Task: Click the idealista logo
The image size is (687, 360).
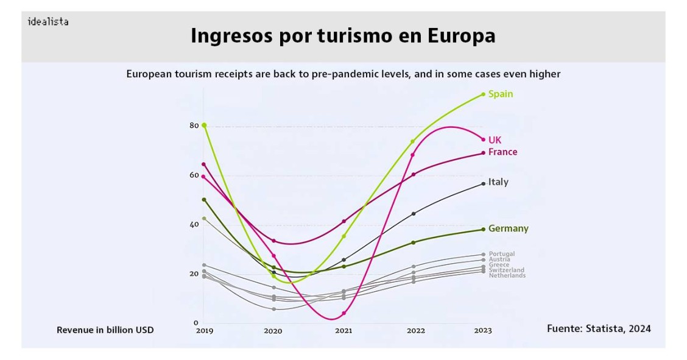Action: [x=48, y=22]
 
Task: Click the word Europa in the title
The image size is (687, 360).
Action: [x=461, y=36]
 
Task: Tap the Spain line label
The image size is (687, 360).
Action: [x=501, y=94]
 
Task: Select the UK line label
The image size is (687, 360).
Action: [x=495, y=140]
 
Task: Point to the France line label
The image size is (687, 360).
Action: [x=502, y=152]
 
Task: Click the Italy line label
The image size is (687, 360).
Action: [x=498, y=182]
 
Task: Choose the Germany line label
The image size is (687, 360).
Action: [x=508, y=229]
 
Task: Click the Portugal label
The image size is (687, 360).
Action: [x=501, y=254]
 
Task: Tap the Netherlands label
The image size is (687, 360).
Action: [x=507, y=276]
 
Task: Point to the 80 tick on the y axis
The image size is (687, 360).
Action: [x=194, y=125]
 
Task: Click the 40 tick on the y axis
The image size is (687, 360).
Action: [x=194, y=224]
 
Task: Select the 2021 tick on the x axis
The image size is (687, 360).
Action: [x=343, y=331]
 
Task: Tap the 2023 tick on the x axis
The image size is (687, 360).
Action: [x=482, y=331]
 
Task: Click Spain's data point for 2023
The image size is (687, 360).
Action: [x=483, y=94]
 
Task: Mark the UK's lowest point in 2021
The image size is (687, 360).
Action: [x=343, y=314]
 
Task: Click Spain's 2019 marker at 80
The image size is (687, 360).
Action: [x=204, y=125]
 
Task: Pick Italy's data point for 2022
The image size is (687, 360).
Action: [x=414, y=214]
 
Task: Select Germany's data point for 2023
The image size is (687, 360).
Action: [x=483, y=230]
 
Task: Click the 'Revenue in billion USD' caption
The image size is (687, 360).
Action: [x=105, y=330]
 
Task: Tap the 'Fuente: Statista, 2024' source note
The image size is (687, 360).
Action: [x=599, y=329]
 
